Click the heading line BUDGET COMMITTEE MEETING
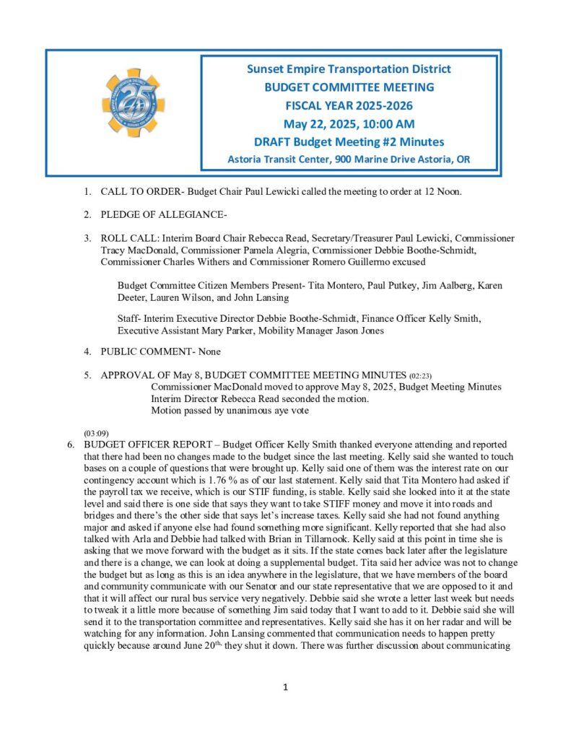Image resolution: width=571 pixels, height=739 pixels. [x=349, y=87]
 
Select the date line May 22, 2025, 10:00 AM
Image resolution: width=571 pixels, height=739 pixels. [x=349, y=123]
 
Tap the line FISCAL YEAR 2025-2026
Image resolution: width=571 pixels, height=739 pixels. [x=349, y=105]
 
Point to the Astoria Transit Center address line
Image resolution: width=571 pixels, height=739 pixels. [x=349, y=159]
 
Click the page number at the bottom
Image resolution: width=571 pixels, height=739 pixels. [x=285, y=687]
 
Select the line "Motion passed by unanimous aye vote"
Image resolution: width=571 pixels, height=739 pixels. [x=231, y=411]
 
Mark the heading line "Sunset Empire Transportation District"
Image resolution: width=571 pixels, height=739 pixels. [x=349, y=69]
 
